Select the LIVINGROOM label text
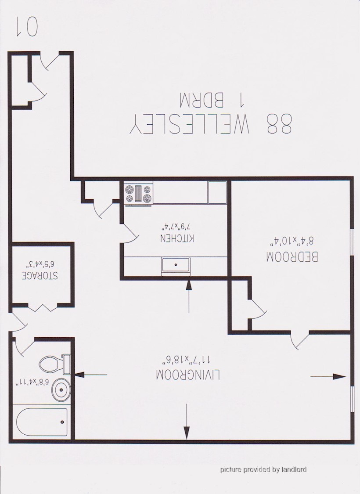[x=188, y=375]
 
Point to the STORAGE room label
[x=40, y=275]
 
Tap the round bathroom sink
[x=61, y=390]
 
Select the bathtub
[x=42, y=422]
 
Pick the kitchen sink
[x=176, y=265]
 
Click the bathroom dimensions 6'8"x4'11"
[x=33, y=382]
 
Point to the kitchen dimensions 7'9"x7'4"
[x=176, y=226]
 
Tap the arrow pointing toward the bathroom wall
[x=91, y=375]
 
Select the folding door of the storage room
[x=42, y=307]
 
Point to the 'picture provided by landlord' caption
[x=263, y=469]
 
